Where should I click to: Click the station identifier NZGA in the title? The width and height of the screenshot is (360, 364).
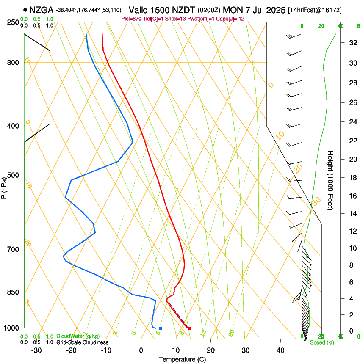point(42,10)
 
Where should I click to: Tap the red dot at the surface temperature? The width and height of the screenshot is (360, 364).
point(189,328)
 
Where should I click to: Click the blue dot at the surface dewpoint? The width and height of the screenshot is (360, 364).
point(161,328)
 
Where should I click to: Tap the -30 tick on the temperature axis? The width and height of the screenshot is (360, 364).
point(36,350)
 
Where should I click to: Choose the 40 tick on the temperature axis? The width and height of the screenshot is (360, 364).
point(280,350)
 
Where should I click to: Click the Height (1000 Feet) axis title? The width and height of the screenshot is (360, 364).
point(331,180)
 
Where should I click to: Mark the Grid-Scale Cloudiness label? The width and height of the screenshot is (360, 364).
point(82,342)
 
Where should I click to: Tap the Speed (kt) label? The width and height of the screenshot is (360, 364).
point(321,342)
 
